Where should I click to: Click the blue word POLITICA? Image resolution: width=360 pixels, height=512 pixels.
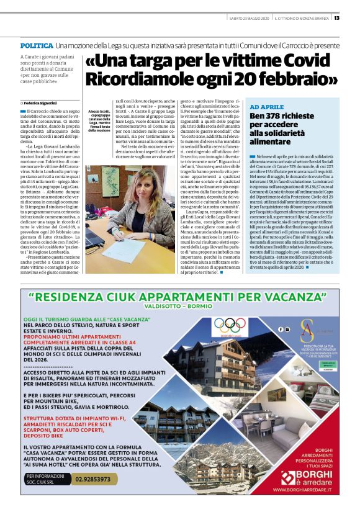36,47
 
